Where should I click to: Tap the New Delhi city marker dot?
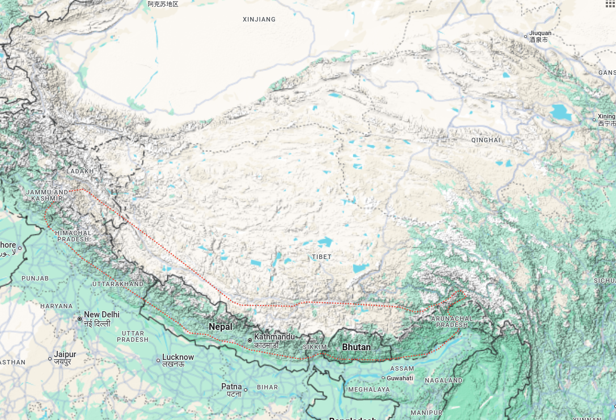point(80,319)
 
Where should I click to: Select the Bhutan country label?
point(356,347)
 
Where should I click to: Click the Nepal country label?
point(221,326)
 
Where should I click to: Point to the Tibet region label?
point(321,257)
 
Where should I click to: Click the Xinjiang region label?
point(259,19)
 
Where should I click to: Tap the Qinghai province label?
point(486,140)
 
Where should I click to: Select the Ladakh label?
point(79,171)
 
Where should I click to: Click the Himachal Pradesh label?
point(73,236)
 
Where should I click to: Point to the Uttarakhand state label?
point(118,283)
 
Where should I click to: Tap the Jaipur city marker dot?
point(50,358)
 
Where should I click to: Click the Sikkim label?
point(315,346)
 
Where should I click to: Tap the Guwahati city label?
point(400,378)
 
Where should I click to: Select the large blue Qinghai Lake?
point(561,112)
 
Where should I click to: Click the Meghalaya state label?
point(369,389)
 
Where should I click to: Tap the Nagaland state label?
point(444,380)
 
